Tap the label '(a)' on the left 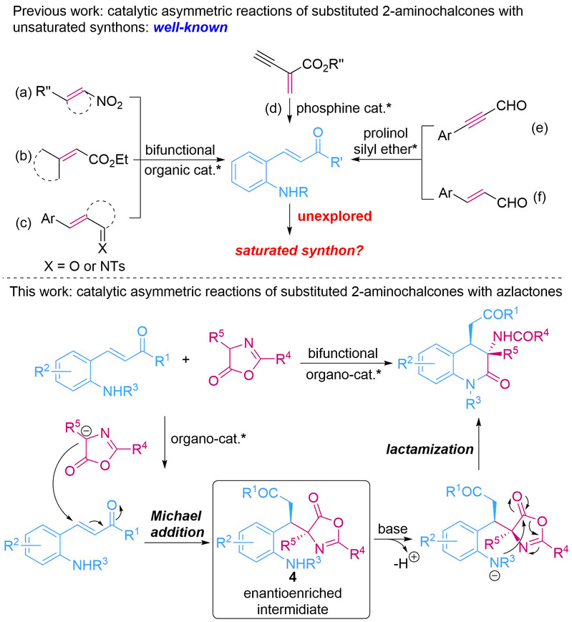pos(28,92)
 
